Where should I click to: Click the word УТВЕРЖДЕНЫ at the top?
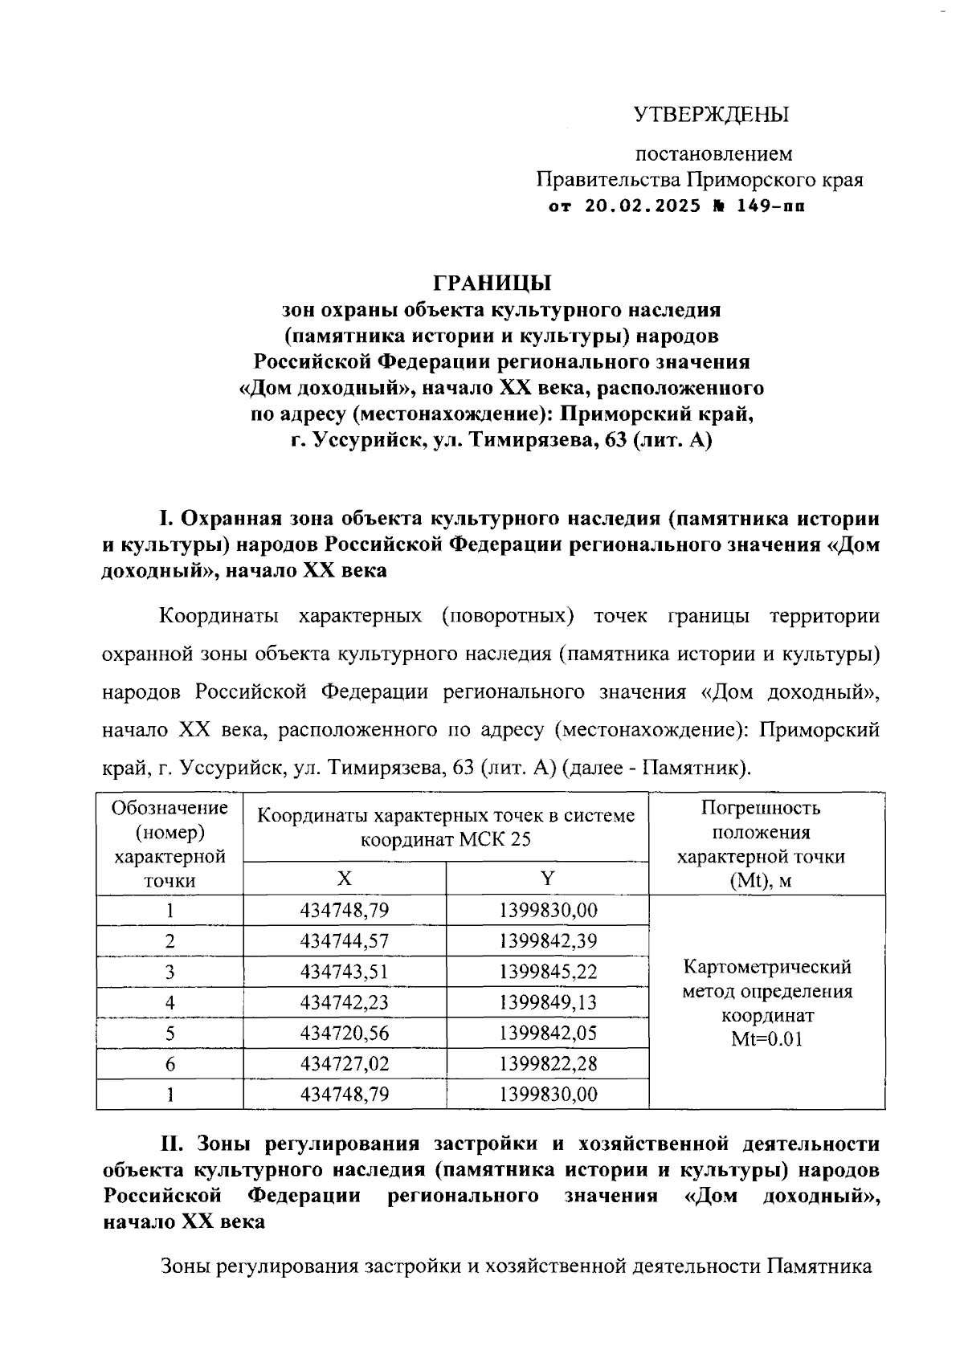coord(712,115)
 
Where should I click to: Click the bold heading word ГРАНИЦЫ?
coord(492,283)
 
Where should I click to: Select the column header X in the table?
coord(344,879)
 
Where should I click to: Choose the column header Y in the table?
coord(547,879)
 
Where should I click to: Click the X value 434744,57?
coord(344,941)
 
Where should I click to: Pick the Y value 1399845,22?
coord(548,972)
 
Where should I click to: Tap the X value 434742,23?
coord(344,1002)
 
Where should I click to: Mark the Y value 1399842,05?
coord(548,1034)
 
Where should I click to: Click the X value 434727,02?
coord(344,1064)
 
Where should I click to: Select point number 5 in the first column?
coord(170,1034)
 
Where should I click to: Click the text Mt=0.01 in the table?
coord(766,1039)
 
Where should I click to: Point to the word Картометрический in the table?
coord(766,966)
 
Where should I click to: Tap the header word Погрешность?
coord(761,808)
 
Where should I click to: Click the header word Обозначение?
coord(170,808)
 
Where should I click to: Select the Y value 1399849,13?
coord(548,1002)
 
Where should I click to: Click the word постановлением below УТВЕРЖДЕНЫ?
coord(714,153)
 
